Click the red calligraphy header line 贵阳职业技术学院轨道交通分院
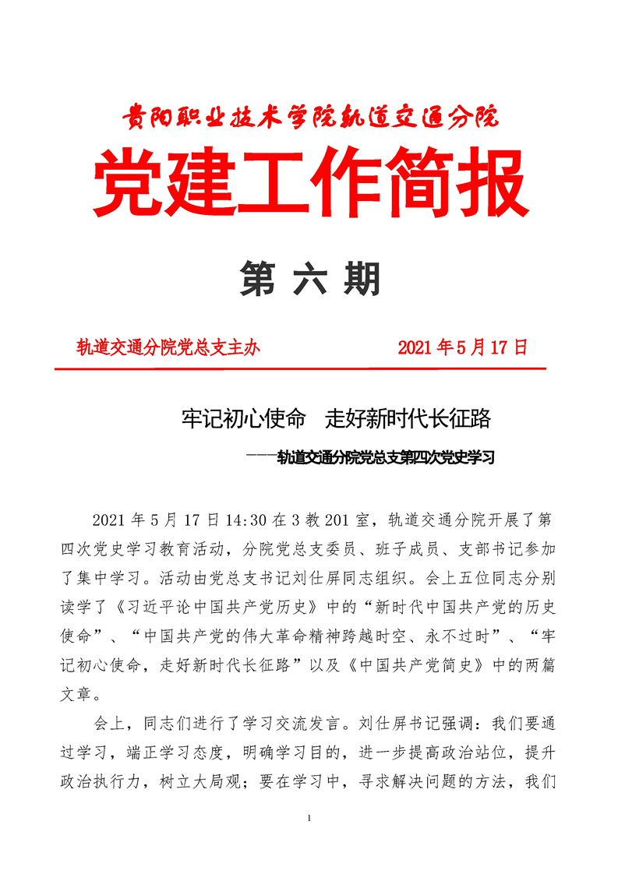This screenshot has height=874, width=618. click(x=309, y=118)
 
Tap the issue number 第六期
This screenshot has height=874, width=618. click(x=309, y=278)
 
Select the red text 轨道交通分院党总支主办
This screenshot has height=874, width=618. click(x=168, y=347)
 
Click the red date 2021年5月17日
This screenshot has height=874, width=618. click(x=463, y=347)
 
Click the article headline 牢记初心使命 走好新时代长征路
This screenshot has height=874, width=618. click(x=335, y=420)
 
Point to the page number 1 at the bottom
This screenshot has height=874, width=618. click(x=310, y=818)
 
